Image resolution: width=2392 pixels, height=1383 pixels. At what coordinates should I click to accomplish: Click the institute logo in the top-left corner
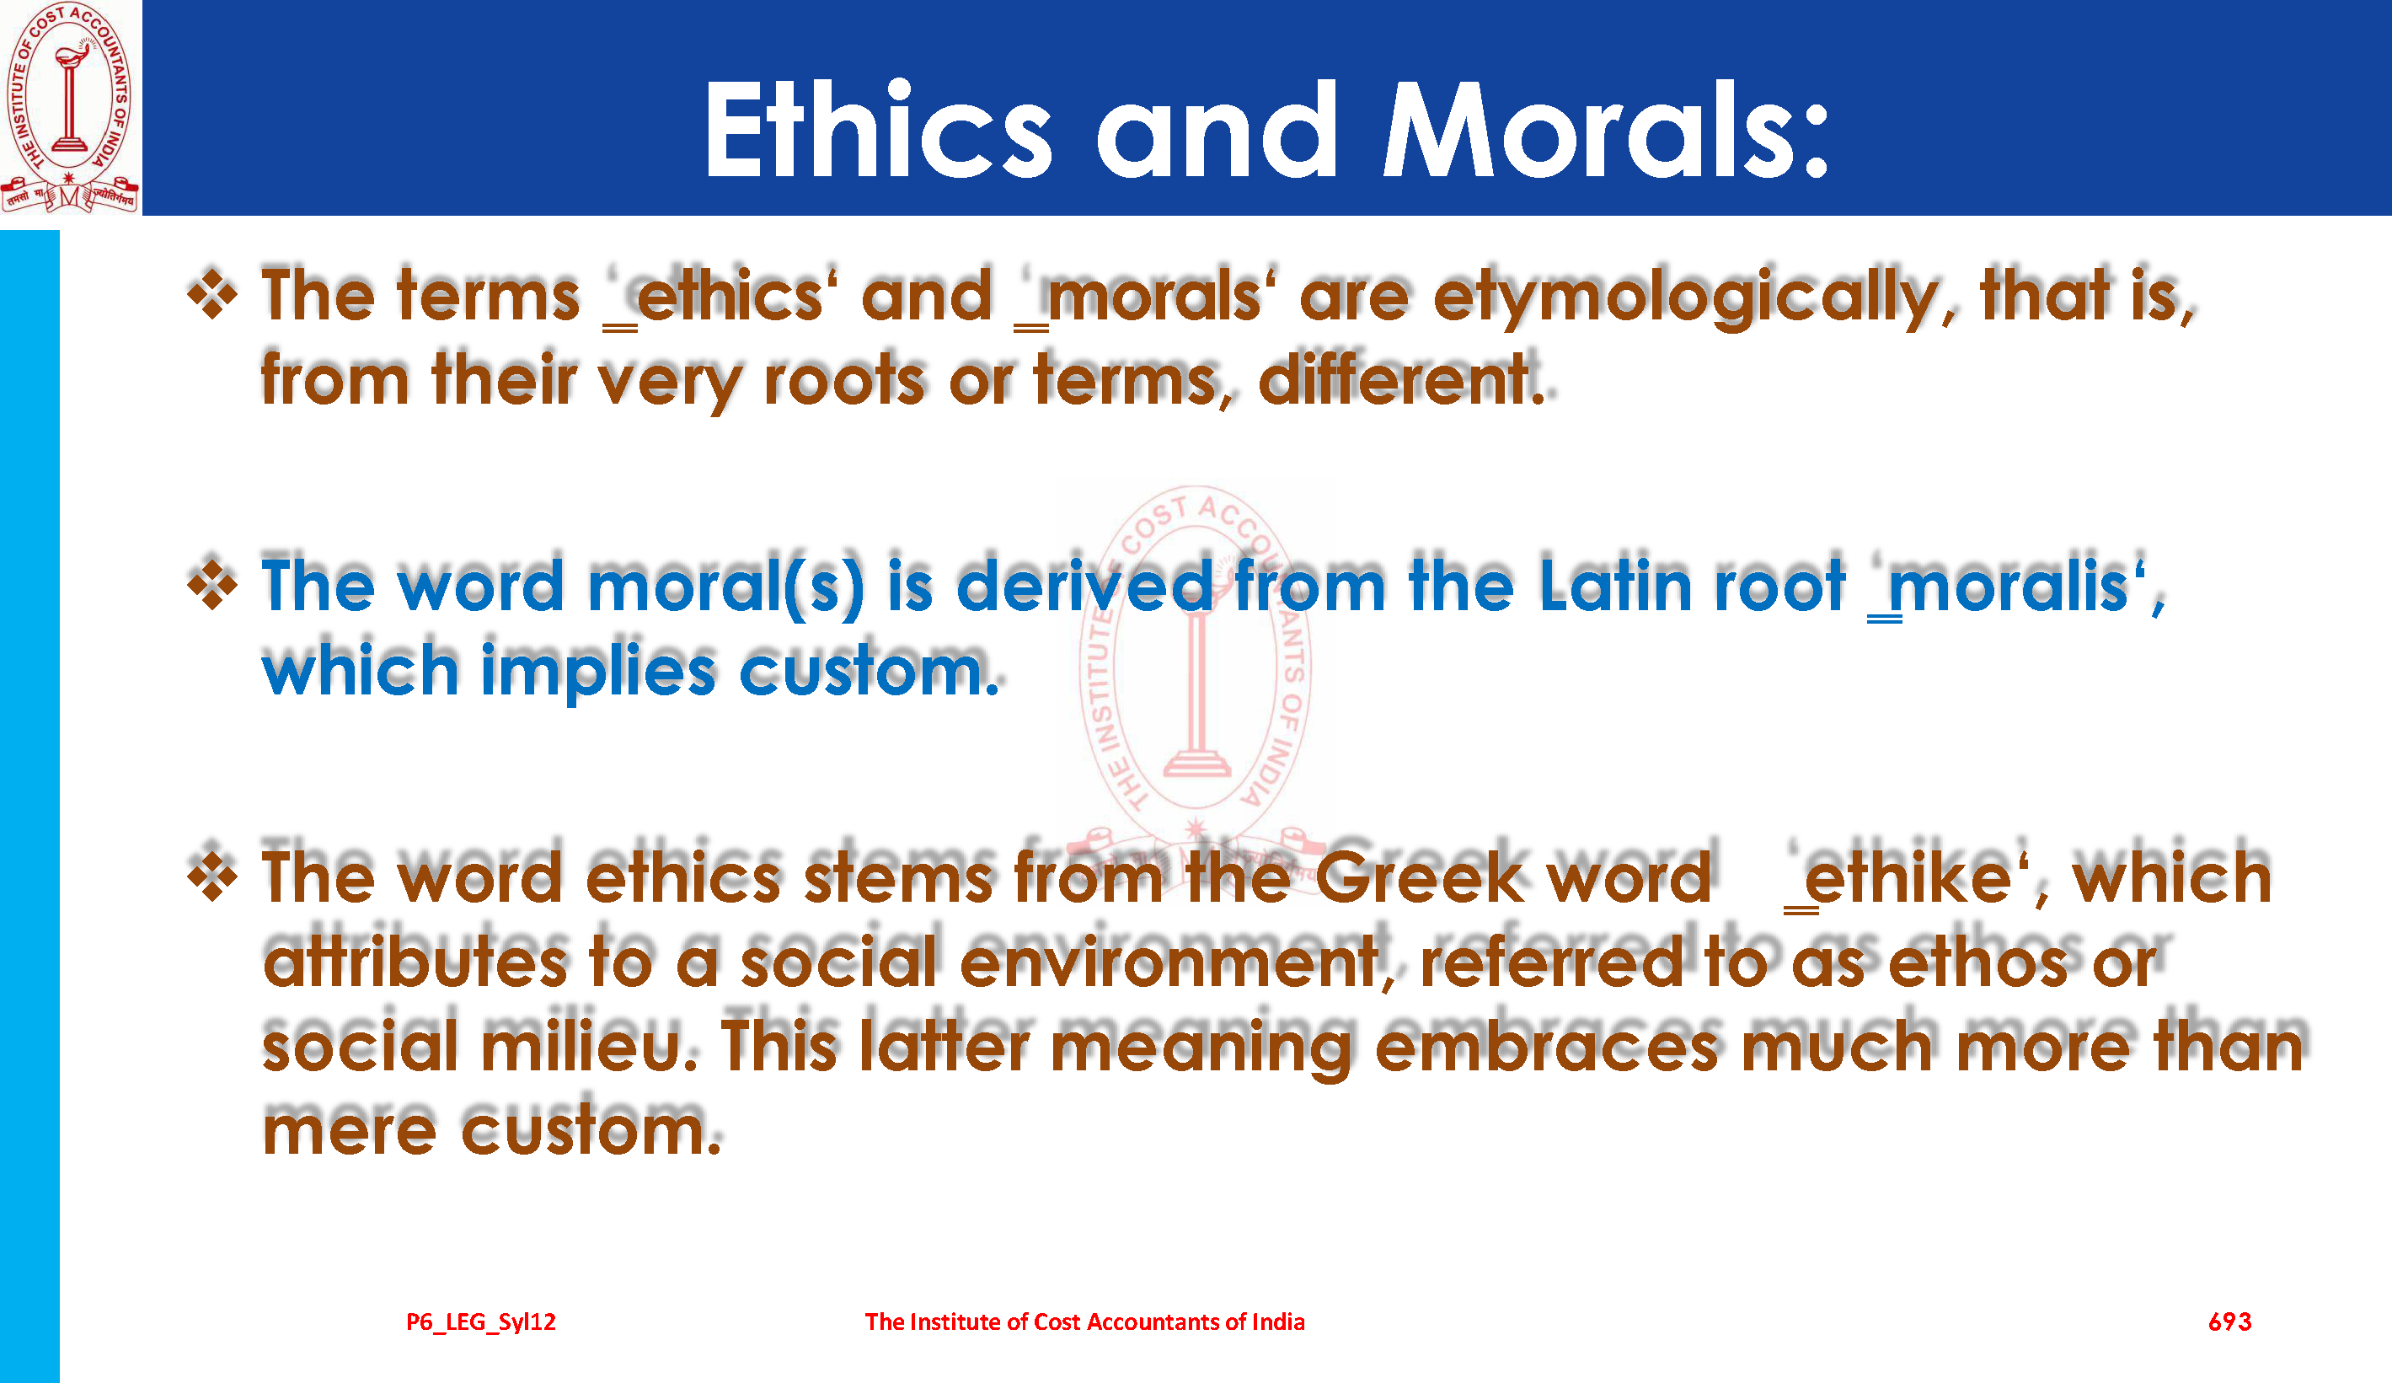(70, 107)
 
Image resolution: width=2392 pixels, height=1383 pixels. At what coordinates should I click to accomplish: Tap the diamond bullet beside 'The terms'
(212, 295)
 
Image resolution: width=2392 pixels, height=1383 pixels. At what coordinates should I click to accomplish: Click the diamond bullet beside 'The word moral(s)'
(212, 585)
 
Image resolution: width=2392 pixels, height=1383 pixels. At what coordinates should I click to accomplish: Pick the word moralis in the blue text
(2009, 587)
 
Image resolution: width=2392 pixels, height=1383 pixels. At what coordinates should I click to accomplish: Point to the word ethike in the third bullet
(1907, 877)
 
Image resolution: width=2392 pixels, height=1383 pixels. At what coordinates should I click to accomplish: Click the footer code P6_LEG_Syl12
(481, 1322)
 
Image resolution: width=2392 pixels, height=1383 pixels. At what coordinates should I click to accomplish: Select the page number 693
(2229, 1321)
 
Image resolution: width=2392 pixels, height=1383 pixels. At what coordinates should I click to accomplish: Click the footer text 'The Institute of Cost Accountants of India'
(1085, 1321)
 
